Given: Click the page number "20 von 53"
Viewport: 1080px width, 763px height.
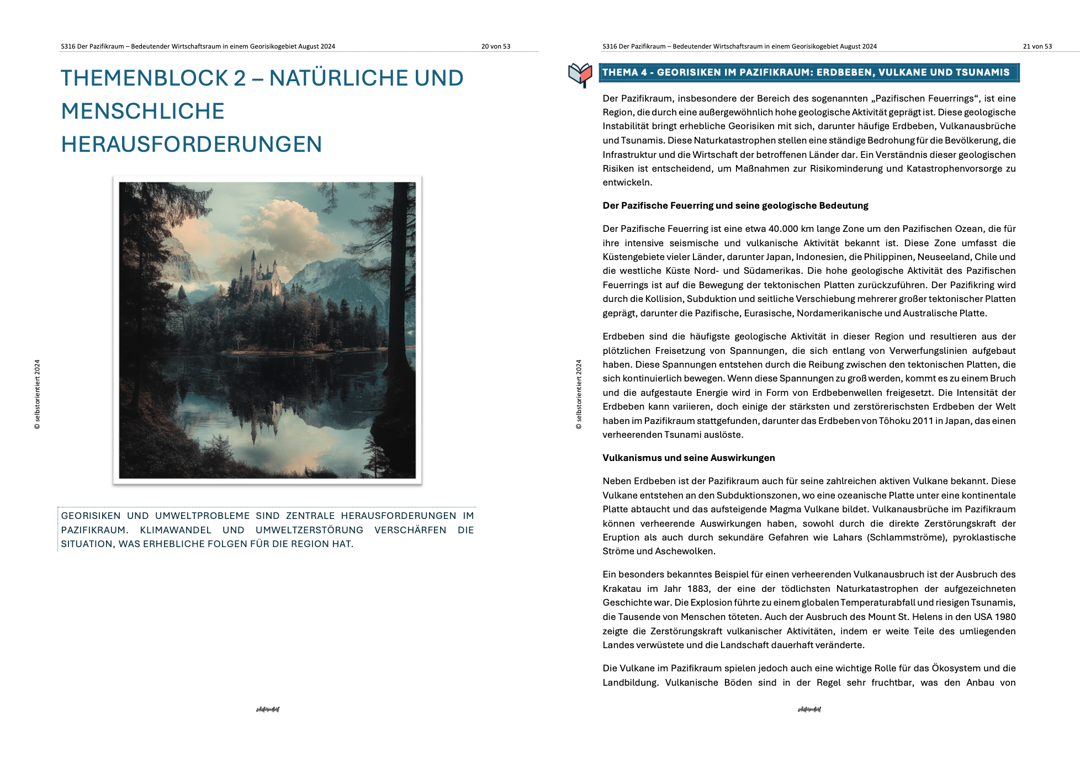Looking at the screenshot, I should coord(495,46).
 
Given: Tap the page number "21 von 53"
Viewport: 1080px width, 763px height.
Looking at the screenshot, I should coord(1037,46).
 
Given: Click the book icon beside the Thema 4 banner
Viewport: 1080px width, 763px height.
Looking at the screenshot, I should coord(580,75).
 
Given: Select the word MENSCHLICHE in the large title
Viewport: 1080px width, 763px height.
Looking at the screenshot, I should coord(142,111).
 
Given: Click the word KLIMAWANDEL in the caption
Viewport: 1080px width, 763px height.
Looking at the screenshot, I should coord(176,530).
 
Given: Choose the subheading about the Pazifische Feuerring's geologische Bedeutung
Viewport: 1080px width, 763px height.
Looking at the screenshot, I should coord(735,205).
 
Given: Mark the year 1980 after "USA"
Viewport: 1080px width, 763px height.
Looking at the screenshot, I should coord(1005,617).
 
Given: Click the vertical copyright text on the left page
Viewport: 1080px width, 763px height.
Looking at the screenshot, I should coord(37,394).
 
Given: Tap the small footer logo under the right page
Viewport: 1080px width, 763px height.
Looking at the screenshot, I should coord(809,709).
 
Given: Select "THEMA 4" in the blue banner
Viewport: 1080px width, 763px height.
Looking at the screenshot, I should coord(624,72).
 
